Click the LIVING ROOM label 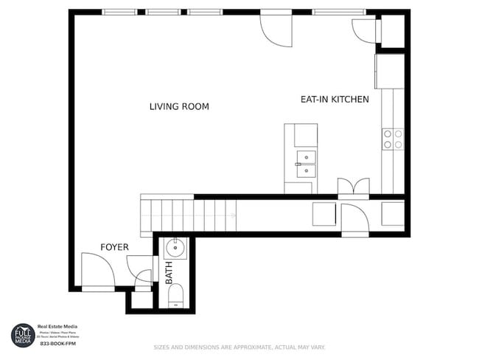[179, 107]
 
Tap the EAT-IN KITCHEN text [334, 99]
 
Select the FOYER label [115, 247]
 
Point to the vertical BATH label [169, 273]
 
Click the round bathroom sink [177, 247]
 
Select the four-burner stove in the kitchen [392, 139]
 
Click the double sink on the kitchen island [306, 164]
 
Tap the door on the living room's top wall [276, 28]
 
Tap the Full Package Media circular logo [22, 335]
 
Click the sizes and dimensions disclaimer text [239, 347]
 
